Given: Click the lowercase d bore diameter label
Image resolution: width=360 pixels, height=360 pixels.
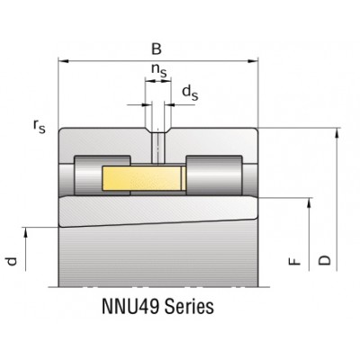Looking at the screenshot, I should [11, 261].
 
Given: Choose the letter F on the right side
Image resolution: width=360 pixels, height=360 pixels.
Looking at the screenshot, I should [292, 262].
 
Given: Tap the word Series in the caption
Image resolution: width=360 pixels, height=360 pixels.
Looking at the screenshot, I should [191, 307].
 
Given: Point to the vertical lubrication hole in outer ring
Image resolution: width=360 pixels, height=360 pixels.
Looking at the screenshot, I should [158, 146].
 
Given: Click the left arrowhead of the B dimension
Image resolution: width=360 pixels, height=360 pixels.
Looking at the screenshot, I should [62, 61].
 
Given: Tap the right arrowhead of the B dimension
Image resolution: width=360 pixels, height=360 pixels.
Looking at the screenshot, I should [255, 61].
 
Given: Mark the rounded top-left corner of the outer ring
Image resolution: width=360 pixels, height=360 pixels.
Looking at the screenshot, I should [62, 132].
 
